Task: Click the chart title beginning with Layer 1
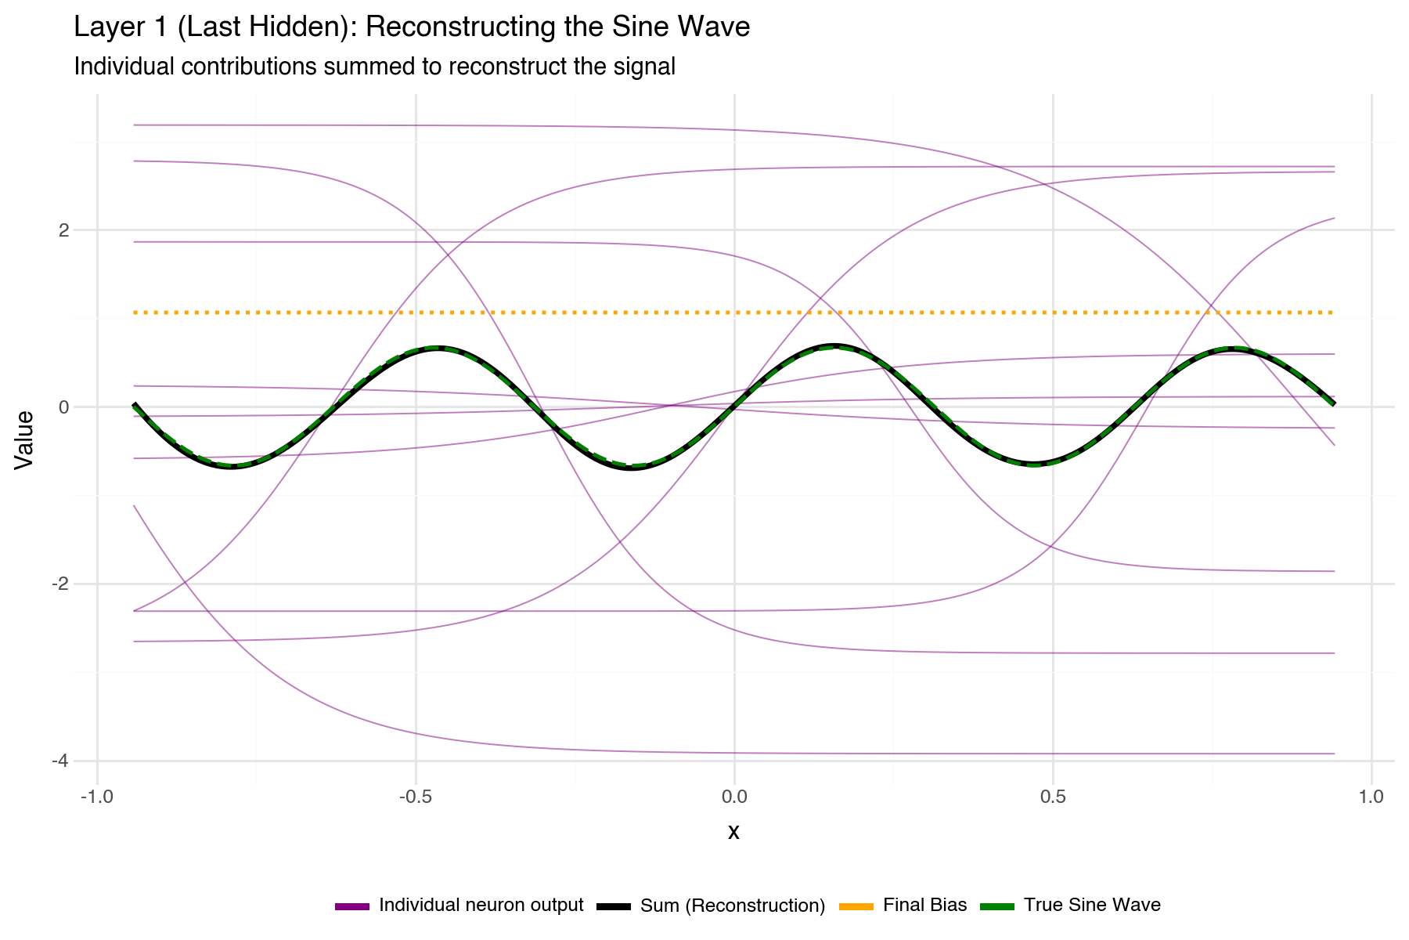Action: point(411,27)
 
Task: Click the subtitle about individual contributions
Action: point(374,67)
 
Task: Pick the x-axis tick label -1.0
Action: point(97,797)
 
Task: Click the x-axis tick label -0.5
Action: point(416,797)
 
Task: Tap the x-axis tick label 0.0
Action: point(734,797)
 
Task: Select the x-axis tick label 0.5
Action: point(1053,797)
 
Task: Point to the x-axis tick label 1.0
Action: point(1371,797)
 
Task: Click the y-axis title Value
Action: point(25,439)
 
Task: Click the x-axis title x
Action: point(733,832)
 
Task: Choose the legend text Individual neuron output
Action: point(481,906)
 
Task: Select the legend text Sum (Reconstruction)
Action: point(733,906)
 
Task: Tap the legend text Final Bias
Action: point(924,906)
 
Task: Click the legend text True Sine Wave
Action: point(1092,906)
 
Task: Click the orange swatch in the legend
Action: point(856,906)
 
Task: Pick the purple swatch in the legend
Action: point(351,906)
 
